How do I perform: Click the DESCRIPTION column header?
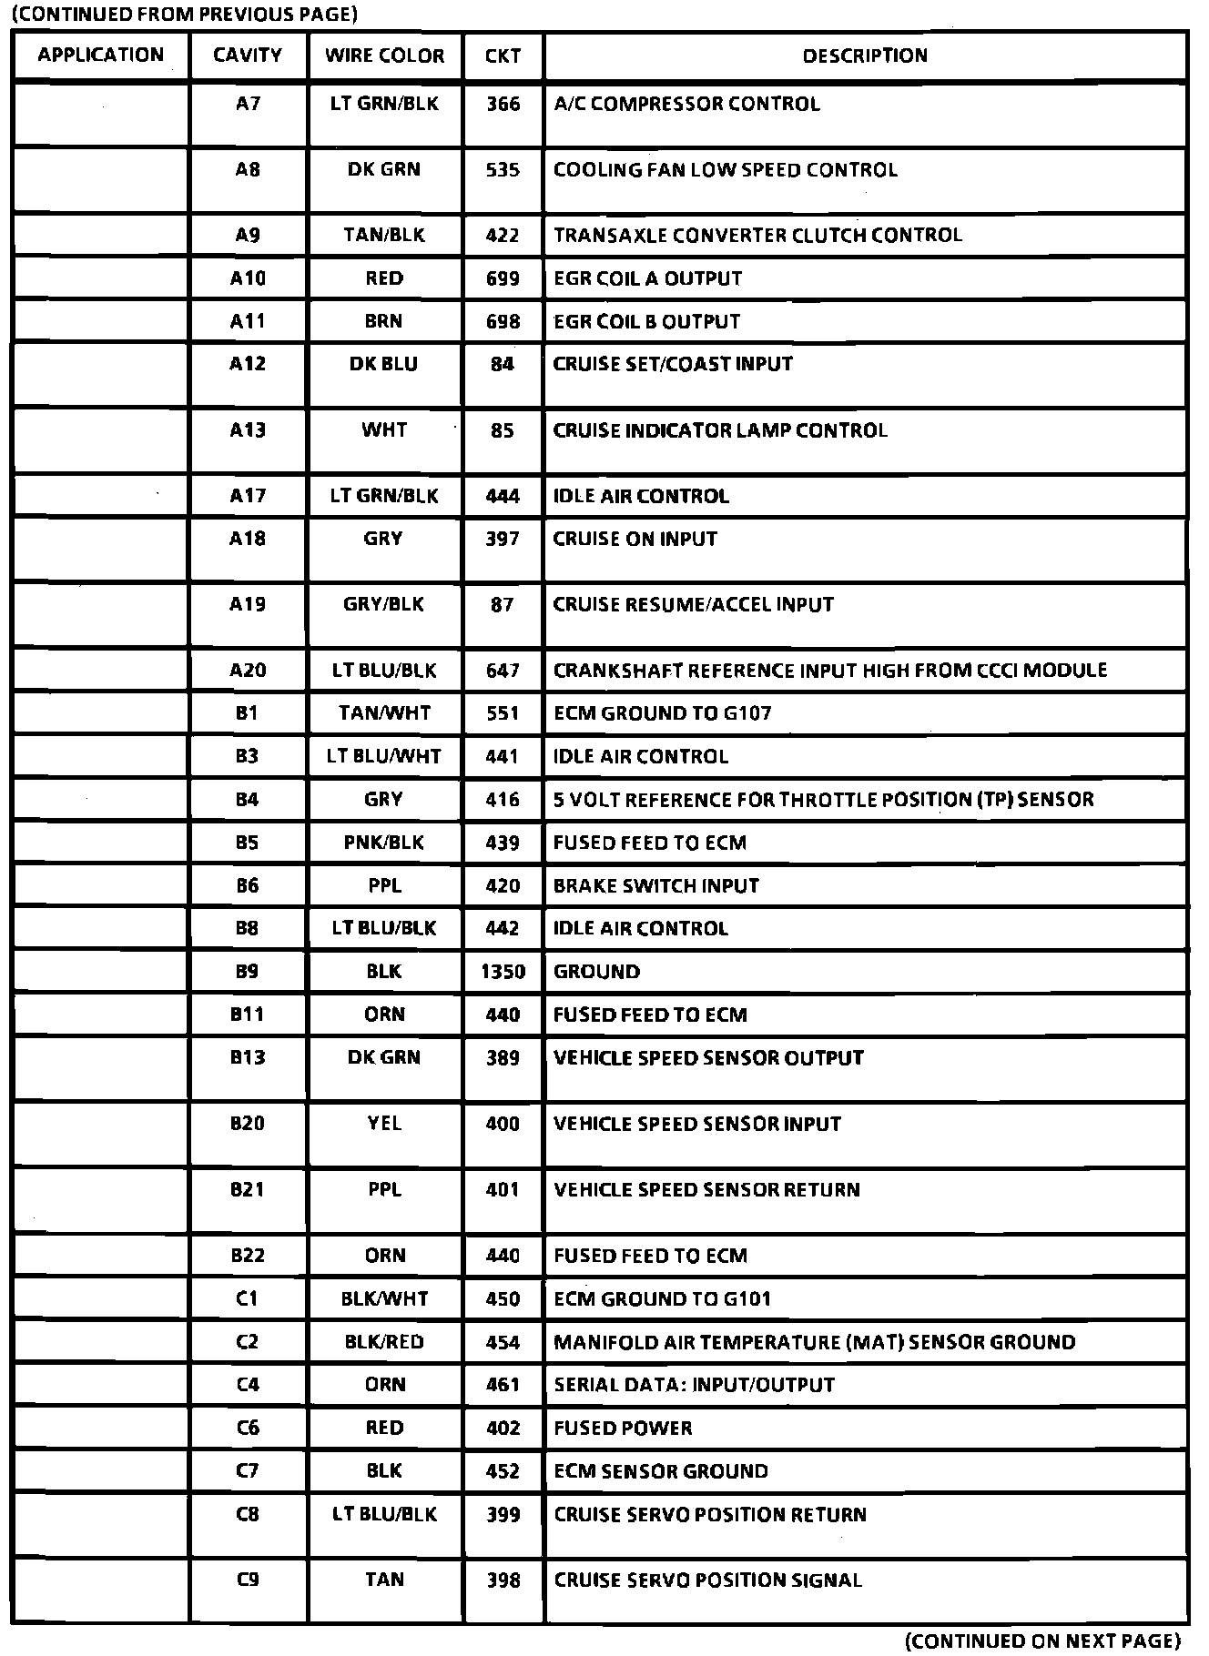point(864,56)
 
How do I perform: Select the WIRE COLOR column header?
point(384,56)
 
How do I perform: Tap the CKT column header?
point(503,56)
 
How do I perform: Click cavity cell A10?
point(248,278)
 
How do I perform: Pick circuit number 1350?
point(503,972)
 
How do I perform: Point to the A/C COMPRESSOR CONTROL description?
point(686,104)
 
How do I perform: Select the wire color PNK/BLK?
point(383,843)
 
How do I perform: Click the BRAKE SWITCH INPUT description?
point(655,885)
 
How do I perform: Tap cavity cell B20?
point(248,1124)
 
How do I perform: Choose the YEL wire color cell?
point(384,1124)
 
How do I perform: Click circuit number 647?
point(503,671)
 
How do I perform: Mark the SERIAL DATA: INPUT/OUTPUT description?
point(694,1385)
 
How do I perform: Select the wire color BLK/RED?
point(383,1342)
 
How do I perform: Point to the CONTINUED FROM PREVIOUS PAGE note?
point(182,15)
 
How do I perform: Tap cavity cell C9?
point(248,1580)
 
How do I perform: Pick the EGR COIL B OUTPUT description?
point(646,321)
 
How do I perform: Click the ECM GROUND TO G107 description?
point(662,713)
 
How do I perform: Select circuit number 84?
point(503,364)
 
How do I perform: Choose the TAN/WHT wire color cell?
point(384,713)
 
